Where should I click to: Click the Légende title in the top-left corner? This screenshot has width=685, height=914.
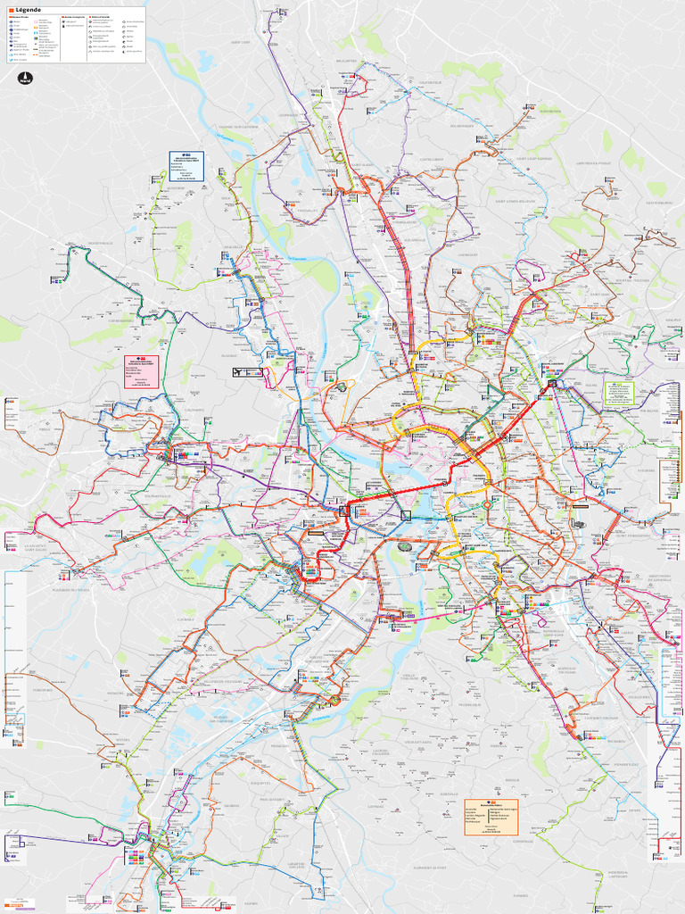29,9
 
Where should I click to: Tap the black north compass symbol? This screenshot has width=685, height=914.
25,78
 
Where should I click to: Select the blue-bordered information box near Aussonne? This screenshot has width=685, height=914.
186,166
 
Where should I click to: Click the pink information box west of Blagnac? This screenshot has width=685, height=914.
141,370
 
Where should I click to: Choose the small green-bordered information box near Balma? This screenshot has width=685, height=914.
618,394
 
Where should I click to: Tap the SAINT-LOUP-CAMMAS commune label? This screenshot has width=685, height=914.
534,159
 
